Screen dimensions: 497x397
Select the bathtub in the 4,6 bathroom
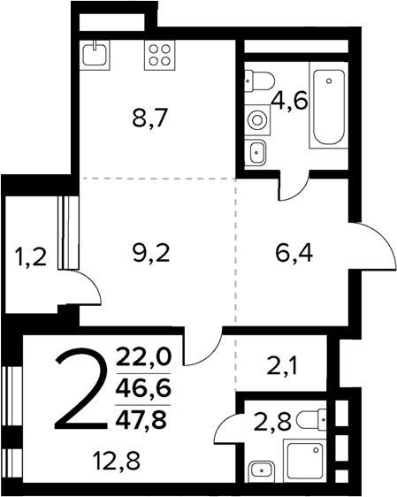[328, 103]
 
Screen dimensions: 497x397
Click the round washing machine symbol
[257, 118]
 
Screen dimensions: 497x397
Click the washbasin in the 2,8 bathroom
[260, 469]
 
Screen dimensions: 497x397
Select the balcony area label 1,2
[30, 258]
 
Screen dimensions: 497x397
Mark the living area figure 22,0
[148, 357]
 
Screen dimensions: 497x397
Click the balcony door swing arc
[85, 288]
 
